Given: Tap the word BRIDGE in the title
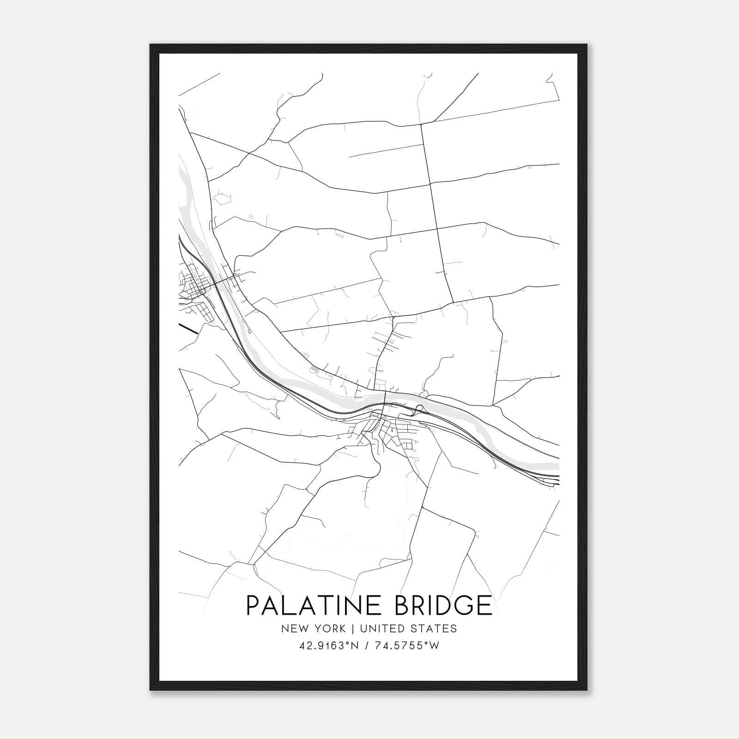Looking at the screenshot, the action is pos(444,606).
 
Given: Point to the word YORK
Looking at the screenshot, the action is pos(329,629).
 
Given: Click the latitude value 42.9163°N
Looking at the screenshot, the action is pos(328,646).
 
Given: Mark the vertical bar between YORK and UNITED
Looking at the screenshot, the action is pos(352,629).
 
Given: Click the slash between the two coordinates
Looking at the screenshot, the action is pos(366,646).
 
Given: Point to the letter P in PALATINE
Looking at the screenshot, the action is pos(253,606).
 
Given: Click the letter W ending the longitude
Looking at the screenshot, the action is pos(434,646).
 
